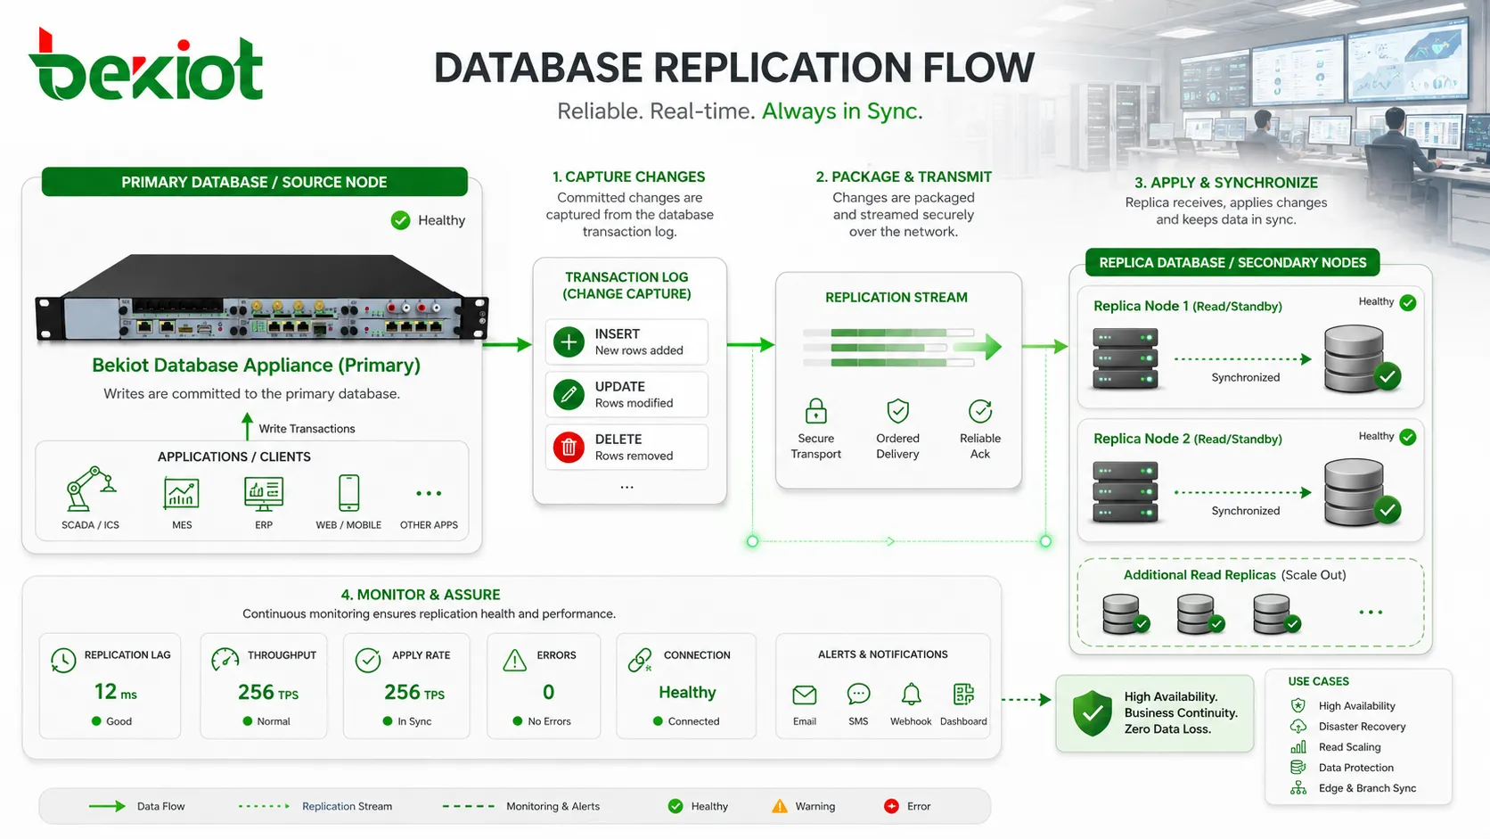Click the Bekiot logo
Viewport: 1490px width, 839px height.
point(145,65)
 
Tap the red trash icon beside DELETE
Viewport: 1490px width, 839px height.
point(569,447)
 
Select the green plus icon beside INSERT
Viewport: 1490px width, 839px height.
point(569,342)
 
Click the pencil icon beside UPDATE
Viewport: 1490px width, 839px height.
point(569,395)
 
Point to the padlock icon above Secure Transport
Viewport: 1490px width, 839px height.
point(815,411)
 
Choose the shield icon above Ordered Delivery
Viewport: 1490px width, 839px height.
point(898,411)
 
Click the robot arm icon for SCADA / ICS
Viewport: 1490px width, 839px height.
point(91,489)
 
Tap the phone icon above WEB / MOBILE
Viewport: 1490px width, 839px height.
point(348,492)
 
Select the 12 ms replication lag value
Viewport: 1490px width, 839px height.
point(115,692)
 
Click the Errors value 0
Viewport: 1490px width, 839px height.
point(548,692)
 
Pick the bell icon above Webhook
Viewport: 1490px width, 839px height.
point(911,695)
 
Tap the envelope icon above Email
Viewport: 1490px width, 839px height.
point(804,695)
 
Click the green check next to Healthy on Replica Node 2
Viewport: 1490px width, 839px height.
point(1407,437)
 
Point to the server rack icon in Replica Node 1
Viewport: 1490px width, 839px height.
point(1125,358)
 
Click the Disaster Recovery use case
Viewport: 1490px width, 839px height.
point(1362,727)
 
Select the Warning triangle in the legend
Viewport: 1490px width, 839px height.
point(779,806)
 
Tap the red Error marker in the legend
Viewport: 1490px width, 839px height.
point(890,806)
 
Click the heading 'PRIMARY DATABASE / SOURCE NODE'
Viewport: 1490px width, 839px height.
point(254,182)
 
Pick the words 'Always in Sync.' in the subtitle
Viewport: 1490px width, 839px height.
point(842,111)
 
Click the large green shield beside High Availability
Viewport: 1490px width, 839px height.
point(1093,712)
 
